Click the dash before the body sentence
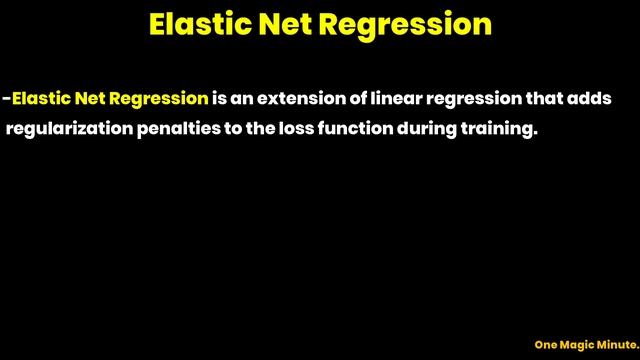tap(6, 99)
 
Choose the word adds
tap(588, 99)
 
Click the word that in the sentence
tap(543, 99)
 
